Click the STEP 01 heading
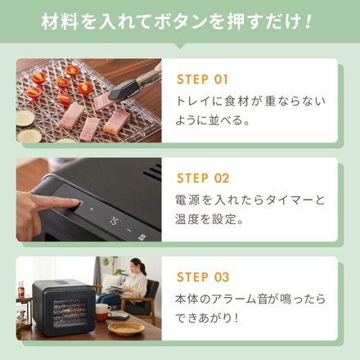click(x=204, y=80)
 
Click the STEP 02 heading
click(x=204, y=178)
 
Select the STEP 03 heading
click(x=204, y=277)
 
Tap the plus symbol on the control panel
click(x=91, y=209)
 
